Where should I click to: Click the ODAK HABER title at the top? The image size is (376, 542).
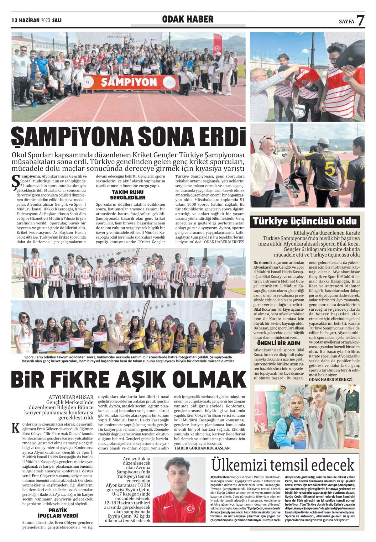pos(188,19)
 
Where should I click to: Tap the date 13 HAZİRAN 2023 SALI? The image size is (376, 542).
pos(36,20)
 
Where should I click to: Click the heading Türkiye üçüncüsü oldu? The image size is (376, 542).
pos(305,221)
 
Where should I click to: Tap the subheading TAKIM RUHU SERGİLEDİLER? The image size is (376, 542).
pos(128,195)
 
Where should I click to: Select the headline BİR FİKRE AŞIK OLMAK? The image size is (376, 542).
pos(128,379)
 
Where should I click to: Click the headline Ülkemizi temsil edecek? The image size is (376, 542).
pos(283,465)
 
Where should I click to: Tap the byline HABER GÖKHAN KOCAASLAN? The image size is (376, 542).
pos(202,448)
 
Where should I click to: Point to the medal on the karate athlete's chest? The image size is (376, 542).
pos(320,426)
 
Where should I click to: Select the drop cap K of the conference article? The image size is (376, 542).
pos(15,428)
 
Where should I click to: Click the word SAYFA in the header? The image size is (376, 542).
pos(346,22)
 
